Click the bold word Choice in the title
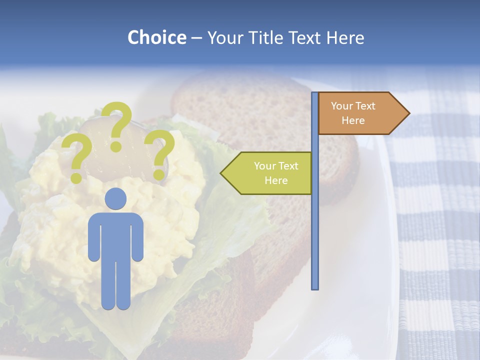[x=156, y=37]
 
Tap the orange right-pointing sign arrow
[x=360, y=113]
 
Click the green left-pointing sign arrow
[x=267, y=173]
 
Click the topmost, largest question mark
[x=117, y=125]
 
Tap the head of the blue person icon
[x=116, y=198]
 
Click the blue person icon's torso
[x=116, y=235]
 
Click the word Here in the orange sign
[x=353, y=120]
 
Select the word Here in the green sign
[x=276, y=180]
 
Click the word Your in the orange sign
[x=342, y=106]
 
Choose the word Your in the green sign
[x=265, y=166]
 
